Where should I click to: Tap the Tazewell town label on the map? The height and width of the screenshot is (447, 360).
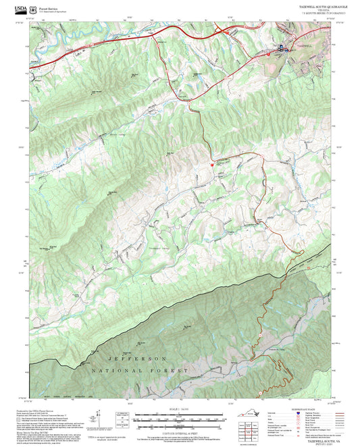point(304,46)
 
